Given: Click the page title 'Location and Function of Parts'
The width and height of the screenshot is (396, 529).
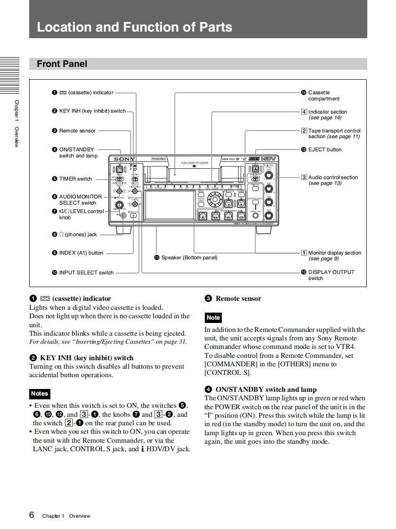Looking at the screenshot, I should pos(134,27).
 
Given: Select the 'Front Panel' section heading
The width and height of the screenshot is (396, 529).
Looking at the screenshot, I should pos(62,64).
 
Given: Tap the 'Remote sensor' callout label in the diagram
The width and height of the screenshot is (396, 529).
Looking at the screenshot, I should pos(77,131).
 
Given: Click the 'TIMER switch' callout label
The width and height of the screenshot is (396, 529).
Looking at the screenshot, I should pos(75,179).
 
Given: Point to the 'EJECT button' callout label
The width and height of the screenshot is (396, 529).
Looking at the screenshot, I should pos(325,149).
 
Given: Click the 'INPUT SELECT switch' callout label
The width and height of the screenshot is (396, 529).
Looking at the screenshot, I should pos(86,273).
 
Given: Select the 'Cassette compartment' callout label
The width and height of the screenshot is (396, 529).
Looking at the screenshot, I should pos(323,96).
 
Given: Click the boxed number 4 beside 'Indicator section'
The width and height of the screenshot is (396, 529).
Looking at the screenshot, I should pos(304,112).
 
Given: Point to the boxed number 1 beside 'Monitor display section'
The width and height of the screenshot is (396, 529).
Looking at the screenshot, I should pos(304,253).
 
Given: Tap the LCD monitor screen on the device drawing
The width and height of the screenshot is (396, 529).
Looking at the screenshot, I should pos(170,205).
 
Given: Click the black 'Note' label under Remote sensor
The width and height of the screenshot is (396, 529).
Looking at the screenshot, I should pos(213,318).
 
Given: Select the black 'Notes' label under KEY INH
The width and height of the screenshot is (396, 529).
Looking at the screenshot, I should pos(39,393).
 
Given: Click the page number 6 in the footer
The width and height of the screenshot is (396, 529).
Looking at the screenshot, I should pos(32,515).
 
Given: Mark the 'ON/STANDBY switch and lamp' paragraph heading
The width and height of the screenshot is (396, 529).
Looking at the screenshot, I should pos(266,389).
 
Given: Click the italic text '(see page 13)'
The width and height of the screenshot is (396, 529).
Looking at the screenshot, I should pos(325,183).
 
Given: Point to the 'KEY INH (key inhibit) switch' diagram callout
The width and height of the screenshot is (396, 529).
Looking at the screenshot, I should pos(92,111).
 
